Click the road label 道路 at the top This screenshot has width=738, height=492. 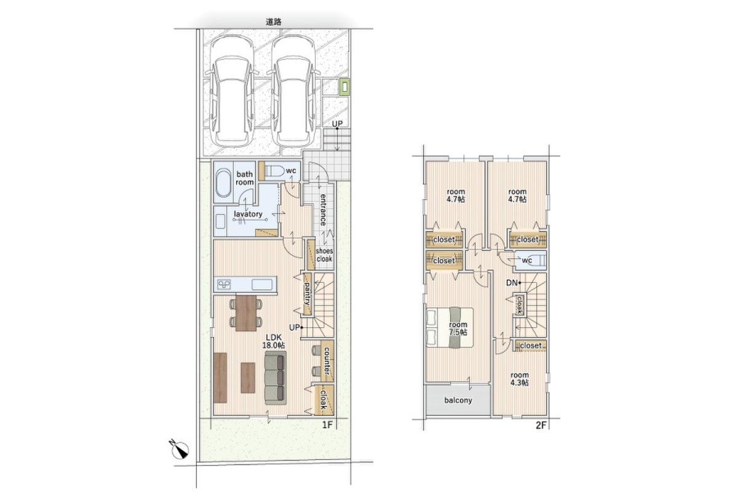(274, 22)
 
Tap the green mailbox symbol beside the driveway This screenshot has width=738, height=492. (344, 87)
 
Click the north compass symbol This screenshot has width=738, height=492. (180, 449)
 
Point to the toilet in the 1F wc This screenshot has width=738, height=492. (274, 171)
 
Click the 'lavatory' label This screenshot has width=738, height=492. (248, 214)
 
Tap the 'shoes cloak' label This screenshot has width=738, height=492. (325, 255)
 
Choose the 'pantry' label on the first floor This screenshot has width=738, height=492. (307, 293)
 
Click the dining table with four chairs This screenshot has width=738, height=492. (246, 313)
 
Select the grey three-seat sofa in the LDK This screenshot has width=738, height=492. (276, 378)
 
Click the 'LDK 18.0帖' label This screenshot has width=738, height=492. (274, 341)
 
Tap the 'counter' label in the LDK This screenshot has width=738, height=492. (327, 361)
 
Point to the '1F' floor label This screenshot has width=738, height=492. (327, 425)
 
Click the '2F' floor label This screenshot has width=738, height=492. (541, 425)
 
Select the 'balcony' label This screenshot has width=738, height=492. (458, 400)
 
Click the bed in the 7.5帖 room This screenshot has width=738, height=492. (450, 327)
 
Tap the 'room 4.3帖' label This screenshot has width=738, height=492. (520, 379)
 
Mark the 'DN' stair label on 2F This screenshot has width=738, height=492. (512, 283)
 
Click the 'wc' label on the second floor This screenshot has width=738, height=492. (527, 260)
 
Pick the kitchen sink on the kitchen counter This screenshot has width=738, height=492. (262, 284)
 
